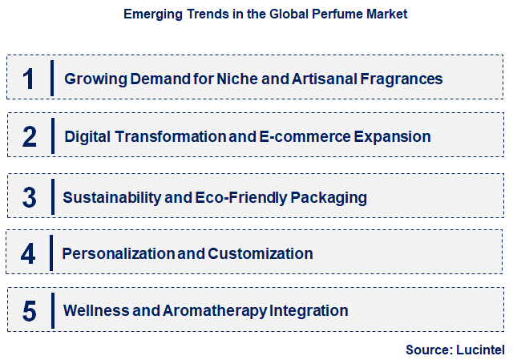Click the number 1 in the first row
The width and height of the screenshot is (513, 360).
29,79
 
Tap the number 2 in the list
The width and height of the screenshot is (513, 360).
30,136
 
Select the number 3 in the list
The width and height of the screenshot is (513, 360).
30,196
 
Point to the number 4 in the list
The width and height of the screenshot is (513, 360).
29,253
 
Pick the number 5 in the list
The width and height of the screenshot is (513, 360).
30,310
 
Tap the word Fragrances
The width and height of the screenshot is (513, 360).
398,79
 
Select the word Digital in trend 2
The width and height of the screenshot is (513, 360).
88,136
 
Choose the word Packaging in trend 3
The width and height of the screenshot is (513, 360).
328,196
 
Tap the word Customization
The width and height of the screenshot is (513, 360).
261,253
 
